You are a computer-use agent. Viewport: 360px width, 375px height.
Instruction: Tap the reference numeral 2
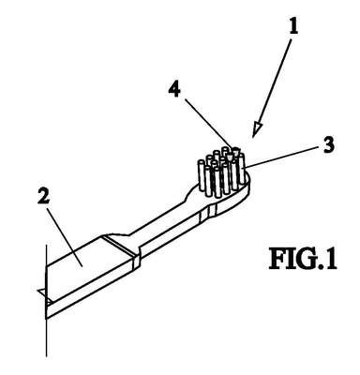(43, 196)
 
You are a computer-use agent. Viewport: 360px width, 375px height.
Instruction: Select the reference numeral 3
(328, 145)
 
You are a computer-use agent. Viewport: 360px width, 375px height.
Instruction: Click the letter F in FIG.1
(277, 259)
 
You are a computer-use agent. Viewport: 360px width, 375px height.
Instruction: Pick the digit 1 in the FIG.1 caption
(331, 259)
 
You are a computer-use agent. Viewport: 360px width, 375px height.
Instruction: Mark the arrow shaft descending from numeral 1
(275, 82)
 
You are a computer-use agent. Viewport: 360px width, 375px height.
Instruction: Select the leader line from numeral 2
(65, 236)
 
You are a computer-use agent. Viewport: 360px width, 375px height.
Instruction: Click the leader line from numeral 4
(208, 124)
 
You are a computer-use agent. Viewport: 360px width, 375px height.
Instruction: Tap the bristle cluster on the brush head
(221, 172)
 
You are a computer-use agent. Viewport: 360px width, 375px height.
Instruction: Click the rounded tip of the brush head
(247, 183)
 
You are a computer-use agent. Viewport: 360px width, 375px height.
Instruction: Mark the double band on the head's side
(207, 213)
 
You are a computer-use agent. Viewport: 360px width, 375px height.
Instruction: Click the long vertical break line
(47, 300)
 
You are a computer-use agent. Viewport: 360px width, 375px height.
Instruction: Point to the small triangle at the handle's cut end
(43, 293)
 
